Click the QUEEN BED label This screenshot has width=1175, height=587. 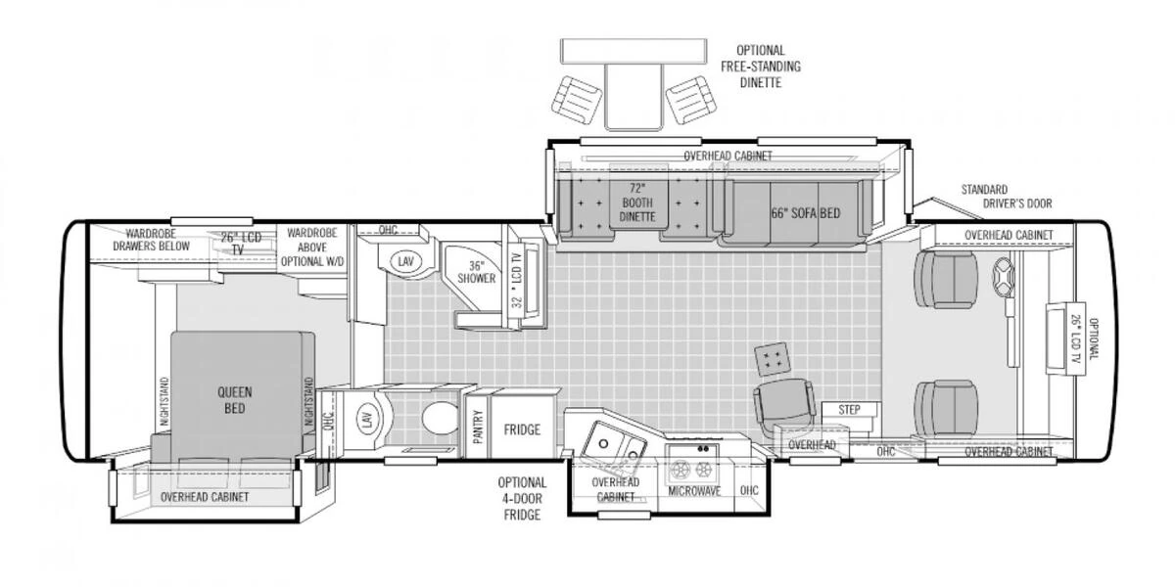point(234,400)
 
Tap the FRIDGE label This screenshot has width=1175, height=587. point(522,429)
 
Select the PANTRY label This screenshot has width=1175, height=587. point(478,427)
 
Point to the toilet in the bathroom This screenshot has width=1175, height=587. point(440,418)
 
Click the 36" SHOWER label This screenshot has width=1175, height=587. point(476,272)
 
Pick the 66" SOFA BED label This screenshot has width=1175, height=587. point(805,213)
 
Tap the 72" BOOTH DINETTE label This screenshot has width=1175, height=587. point(637,203)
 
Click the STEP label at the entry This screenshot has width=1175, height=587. point(849,410)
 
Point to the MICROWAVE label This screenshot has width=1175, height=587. point(694,491)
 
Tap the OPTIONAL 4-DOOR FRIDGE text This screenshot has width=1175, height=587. point(522,498)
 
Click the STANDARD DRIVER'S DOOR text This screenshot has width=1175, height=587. point(1007,197)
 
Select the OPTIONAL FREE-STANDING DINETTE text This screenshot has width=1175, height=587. point(761,67)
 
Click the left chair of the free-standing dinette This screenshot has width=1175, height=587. point(577,100)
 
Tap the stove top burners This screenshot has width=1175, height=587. point(692,469)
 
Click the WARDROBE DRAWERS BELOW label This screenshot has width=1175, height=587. point(151,240)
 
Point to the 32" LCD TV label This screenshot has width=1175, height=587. point(517,281)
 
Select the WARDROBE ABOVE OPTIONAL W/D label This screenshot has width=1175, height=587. point(312,247)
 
